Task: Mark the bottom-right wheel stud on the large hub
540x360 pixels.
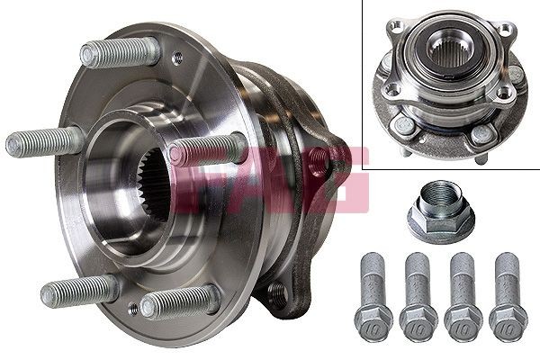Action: click(179, 301)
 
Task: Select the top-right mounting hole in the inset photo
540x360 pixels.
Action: click(507, 29)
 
